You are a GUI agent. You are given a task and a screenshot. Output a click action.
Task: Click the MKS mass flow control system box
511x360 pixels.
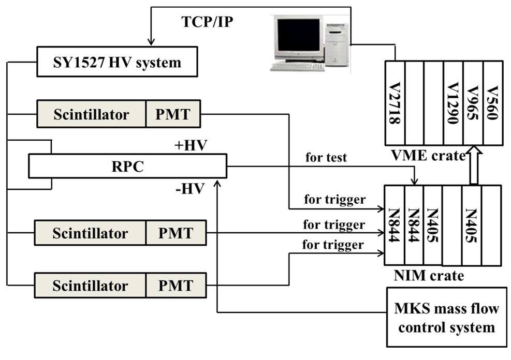446,317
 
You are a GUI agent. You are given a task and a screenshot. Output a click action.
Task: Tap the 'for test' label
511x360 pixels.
326,157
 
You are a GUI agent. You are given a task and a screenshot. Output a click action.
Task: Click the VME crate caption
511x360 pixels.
429,155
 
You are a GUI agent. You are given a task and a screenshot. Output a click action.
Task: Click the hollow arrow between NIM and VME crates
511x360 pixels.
473,166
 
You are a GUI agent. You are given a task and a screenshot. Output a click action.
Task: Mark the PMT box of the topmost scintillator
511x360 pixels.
173,114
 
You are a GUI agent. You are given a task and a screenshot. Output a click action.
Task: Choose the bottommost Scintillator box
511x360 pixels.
90,286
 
